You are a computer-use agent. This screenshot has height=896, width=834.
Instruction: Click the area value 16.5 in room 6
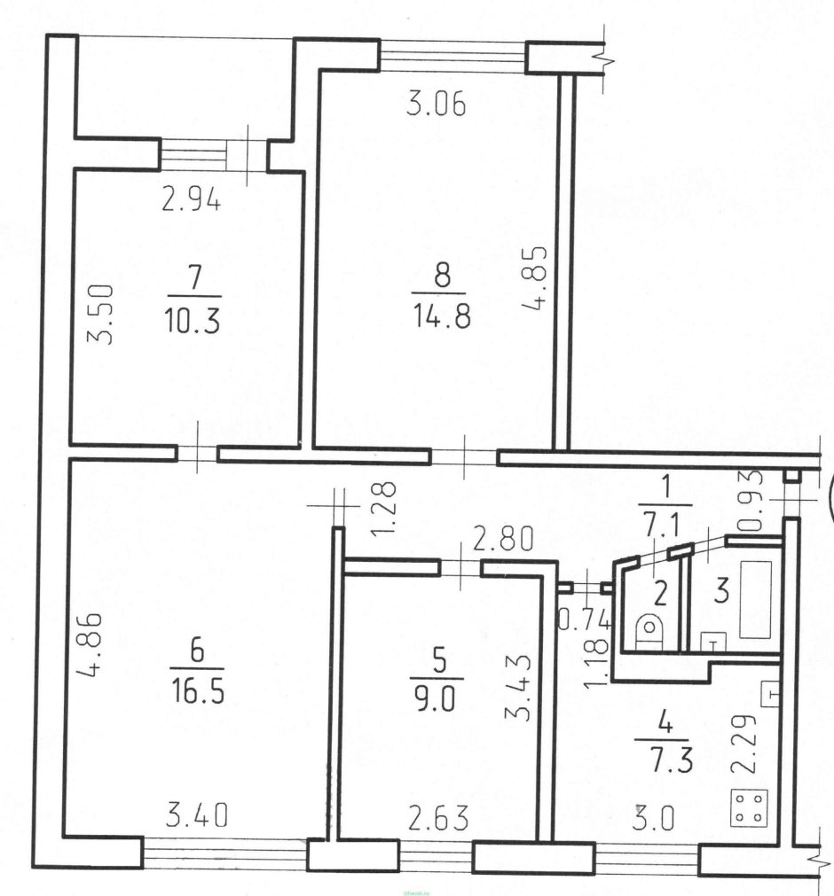click(198, 691)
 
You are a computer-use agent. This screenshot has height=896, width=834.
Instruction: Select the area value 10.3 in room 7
click(193, 321)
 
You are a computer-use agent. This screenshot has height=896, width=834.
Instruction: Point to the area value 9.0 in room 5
click(437, 698)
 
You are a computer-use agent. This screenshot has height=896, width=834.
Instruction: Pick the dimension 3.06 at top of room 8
click(436, 105)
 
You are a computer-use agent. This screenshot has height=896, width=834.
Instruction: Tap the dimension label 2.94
click(191, 200)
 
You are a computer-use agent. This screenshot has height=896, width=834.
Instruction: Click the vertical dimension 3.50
click(100, 315)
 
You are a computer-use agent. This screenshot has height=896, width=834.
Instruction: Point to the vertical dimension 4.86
click(90, 644)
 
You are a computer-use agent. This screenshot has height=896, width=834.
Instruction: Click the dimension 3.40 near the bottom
click(197, 814)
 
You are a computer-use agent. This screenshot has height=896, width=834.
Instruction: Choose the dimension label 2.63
click(438, 818)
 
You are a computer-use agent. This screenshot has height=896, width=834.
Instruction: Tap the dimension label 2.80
click(503, 538)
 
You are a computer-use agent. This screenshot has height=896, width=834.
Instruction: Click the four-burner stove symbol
click(750, 808)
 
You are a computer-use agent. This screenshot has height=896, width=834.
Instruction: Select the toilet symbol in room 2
click(649, 630)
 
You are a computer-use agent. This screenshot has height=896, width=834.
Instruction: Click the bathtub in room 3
click(756, 599)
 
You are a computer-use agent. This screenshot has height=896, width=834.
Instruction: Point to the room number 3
click(722, 590)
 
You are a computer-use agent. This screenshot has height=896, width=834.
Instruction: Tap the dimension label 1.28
click(384, 510)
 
